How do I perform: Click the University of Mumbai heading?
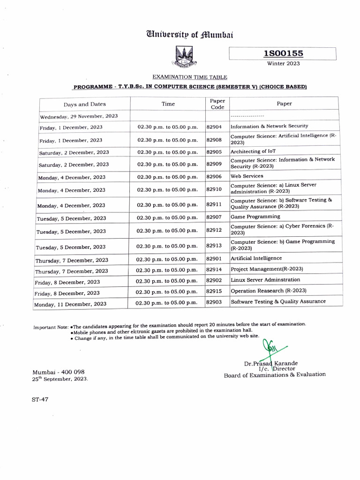190,34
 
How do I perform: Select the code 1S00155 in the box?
283,54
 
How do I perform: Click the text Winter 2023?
283,64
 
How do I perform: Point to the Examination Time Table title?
190,77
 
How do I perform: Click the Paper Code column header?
217,104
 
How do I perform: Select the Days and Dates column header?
85,105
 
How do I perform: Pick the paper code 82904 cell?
214,127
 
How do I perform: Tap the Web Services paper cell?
247,176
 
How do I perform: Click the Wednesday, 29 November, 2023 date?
79,116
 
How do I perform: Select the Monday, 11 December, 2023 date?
70,304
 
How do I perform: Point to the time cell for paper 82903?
166,303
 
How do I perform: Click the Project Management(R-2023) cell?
267,269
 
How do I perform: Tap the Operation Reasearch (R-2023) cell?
269,291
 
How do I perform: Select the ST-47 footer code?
40,399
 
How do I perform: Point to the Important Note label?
51,327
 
